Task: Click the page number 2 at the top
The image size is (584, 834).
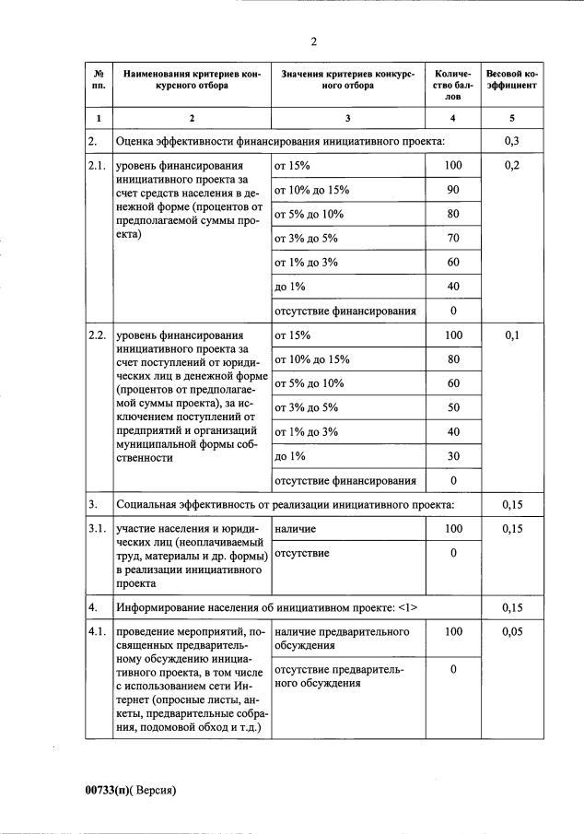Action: pos(313,41)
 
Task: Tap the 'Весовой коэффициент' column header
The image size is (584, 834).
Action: pos(511,78)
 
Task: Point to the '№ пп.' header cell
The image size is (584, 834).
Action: pos(99,78)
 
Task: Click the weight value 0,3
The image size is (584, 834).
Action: pos(512,141)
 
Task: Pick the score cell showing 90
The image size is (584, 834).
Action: pos(452,190)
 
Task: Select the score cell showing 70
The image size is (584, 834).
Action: pos(452,238)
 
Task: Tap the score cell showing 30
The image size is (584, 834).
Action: pos(452,456)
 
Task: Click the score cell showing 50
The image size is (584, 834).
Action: pos(452,407)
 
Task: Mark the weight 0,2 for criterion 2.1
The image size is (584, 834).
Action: pos(512,166)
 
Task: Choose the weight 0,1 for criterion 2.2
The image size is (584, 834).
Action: pos(512,335)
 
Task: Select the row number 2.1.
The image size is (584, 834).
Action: pos(98,166)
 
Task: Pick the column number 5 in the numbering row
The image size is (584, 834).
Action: pos(512,118)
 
